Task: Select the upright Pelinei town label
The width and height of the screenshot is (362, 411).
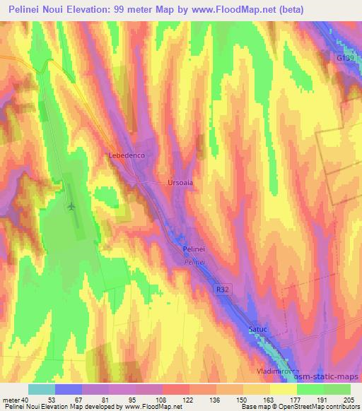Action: [x=194, y=249]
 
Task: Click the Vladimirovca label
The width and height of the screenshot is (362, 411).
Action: [x=276, y=370]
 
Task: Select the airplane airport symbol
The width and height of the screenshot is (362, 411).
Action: [x=71, y=207]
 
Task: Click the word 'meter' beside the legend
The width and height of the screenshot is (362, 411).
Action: [x=10, y=400]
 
